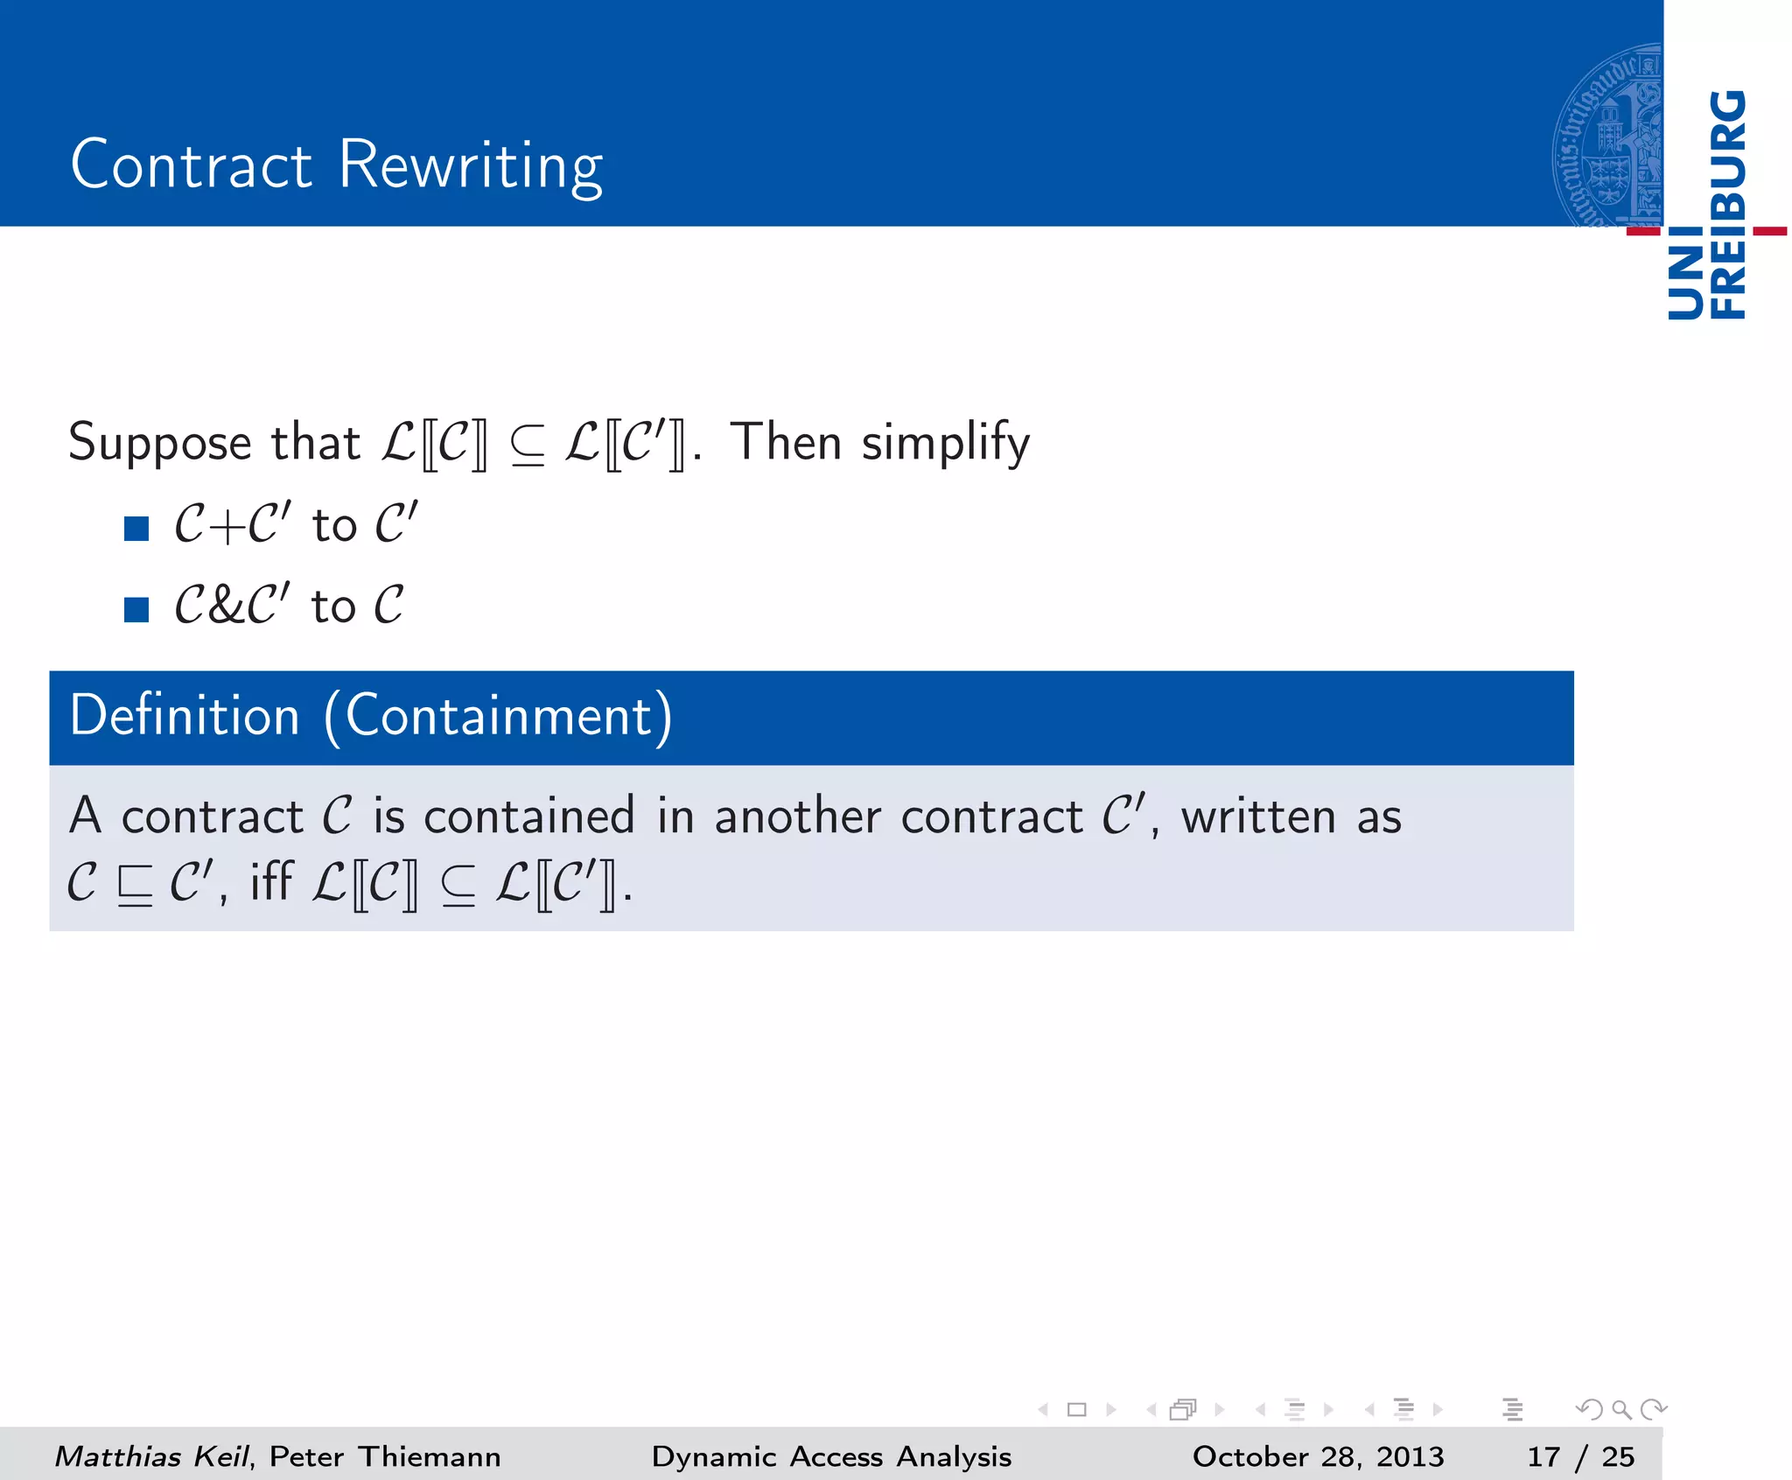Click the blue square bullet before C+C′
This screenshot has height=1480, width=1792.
click(136, 528)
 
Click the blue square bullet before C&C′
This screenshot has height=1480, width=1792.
click(136, 609)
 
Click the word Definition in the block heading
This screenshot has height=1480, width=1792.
click(185, 716)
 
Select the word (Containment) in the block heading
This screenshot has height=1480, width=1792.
click(498, 717)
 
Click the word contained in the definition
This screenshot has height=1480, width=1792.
click(529, 817)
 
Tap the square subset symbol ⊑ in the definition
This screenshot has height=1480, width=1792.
click(135, 886)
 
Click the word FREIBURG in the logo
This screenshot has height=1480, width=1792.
click(1728, 205)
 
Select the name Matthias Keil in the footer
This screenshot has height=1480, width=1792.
click(151, 1456)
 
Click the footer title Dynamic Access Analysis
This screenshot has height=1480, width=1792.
click(831, 1456)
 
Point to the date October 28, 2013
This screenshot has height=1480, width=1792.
click(1318, 1456)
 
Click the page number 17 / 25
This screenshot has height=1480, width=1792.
click(1580, 1456)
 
